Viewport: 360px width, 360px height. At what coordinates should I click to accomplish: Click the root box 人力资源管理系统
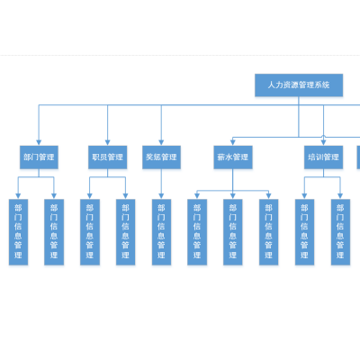pyautogui.click(x=299, y=85)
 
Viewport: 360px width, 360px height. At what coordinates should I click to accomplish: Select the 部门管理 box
pyautogui.click(x=39, y=157)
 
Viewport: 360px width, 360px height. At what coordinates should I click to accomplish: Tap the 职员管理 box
pyautogui.click(x=108, y=157)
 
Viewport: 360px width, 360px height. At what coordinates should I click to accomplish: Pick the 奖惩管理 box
pyautogui.click(x=161, y=157)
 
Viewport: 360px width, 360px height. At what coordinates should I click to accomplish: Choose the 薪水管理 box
pyautogui.click(x=233, y=157)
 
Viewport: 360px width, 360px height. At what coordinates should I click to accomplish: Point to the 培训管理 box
pyautogui.click(x=323, y=157)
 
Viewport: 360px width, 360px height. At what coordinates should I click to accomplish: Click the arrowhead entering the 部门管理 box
pyautogui.click(x=39, y=143)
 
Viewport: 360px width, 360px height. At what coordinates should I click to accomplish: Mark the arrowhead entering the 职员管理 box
pyautogui.click(x=107, y=143)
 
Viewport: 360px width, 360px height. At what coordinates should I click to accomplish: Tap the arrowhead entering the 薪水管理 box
pyautogui.click(x=232, y=143)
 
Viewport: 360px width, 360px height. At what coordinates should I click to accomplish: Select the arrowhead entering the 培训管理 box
pyautogui.click(x=323, y=143)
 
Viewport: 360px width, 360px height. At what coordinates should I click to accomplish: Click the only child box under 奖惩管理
pyautogui.click(x=161, y=232)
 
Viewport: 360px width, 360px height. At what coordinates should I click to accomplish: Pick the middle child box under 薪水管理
pyautogui.click(x=233, y=232)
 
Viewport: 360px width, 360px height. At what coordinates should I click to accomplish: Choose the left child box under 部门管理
pyautogui.click(x=18, y=232)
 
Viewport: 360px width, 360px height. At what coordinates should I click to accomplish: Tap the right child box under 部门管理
pyautogui.click(x=54, y=232)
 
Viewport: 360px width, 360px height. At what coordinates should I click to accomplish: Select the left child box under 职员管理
pyautogui.click(x=90, y=232)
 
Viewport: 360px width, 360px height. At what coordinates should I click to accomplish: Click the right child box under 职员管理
pyautogui.click(x=125, y=232)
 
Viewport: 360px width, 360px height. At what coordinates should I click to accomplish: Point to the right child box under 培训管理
pyautogui.click(x=340, y=232)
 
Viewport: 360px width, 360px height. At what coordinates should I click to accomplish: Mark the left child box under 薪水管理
pyautogui.click(x=197, y=232)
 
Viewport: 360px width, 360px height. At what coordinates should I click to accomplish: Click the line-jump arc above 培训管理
pyautogui.click(x=323, y=135)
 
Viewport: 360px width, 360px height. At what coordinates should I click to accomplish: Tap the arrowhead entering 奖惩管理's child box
pyautogui.click(x=161, y=196)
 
